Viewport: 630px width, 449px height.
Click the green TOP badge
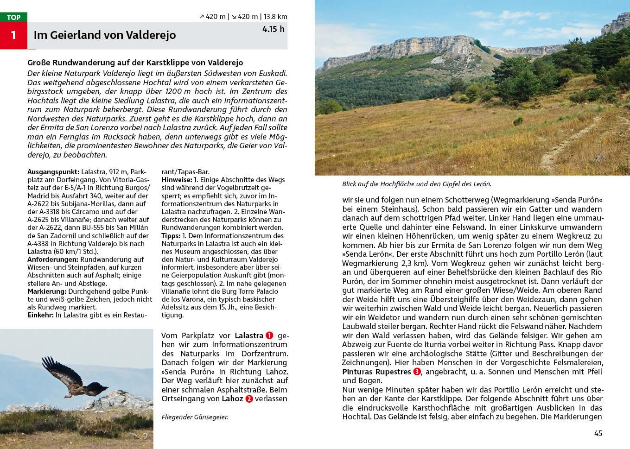[x=13, y=17]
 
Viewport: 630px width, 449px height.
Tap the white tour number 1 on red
[x=13, y=35]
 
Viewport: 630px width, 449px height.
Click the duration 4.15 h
[x=273, y=29]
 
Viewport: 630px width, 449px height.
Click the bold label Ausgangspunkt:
[x=53, y=172]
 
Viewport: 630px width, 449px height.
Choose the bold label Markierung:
[x=47, y=291]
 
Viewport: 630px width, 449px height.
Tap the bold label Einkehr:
[x=40, y=315]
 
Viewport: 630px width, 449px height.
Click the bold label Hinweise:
[x=177, y=180]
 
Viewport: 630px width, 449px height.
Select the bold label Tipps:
[x=171, y=236]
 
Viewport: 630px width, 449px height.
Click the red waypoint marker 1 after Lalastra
[x=269, y=335]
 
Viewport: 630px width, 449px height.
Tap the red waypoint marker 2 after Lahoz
[x=249, y=399]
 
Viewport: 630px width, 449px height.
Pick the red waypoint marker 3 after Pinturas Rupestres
[x=417, y=372]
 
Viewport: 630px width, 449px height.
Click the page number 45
[x=598, y=433]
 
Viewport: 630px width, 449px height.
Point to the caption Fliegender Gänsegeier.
[x=195, y=417]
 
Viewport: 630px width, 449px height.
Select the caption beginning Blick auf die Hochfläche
[x=416, y=184]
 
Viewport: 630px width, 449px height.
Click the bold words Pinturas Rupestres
[x=376, y=372]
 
